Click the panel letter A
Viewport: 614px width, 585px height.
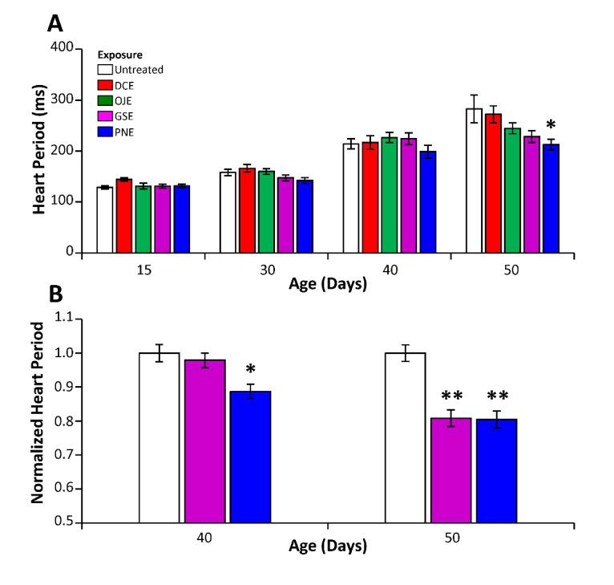[x=55, y=23]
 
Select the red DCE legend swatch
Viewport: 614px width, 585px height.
[x=104, y=84]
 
